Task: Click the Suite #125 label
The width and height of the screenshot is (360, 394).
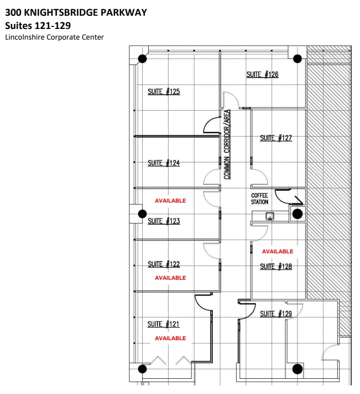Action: [x=163, y=92]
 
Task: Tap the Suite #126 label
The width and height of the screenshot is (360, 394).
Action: [x=262, y=75]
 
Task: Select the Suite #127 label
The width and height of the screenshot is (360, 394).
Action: [x=276, y=138]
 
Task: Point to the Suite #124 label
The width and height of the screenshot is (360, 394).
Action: [x=163, y=163]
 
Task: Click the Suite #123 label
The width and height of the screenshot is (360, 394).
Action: [x=163, y=221]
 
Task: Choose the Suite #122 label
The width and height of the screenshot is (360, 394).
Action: [x=163, y=265]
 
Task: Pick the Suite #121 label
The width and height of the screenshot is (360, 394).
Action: [x=163, y=324]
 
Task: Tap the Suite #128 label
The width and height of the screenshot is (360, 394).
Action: [x=276, y=267]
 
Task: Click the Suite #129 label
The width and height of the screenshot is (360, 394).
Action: [x=276, y=314]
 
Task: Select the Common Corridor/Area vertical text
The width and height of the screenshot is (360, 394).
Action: [x=227, y=145]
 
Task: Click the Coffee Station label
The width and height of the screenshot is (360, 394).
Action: [x=259, y=199]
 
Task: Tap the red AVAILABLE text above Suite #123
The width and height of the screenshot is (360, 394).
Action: [x=171, y=201]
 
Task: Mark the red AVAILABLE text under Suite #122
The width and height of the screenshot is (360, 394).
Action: [x=171, y=278]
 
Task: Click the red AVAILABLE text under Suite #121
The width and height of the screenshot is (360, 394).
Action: [x=171, y=339]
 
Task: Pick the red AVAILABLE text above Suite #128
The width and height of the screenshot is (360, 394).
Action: [x=278, y=252]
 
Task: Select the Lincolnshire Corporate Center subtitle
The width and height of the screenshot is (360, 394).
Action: [x=54, y=38]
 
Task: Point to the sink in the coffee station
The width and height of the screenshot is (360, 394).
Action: [x=270, y=215]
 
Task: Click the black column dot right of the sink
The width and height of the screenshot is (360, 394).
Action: [x=297, y=214]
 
